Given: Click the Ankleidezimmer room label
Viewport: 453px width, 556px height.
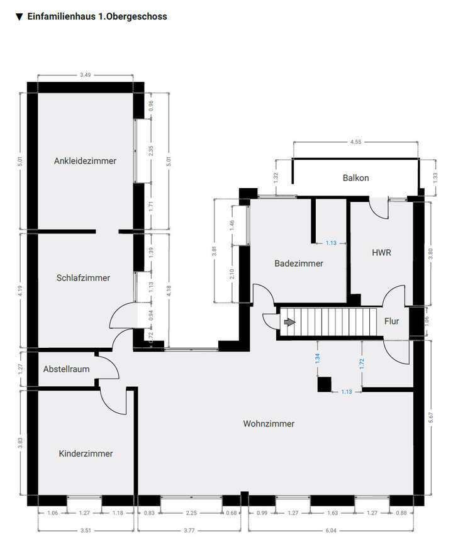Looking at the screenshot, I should [x=85, y=161].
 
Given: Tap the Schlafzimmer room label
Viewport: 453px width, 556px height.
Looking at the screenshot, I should [x=83, y=277].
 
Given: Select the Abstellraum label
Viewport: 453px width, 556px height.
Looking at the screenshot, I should [x=66, y=370].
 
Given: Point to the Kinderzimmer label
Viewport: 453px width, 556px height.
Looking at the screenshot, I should [x=86, y=453].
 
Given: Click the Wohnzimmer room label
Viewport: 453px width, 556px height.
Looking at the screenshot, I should [x=269, y=424].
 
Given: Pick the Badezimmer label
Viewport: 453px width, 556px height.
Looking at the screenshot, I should [x=299, y=264].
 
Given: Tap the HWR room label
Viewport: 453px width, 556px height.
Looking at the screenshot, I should [x=382, y=252].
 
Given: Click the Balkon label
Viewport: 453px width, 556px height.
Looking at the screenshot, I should [x=355, y=178].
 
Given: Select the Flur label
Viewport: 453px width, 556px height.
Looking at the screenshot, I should [x=391, y=321].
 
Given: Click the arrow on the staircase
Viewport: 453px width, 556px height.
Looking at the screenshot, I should [x=289, y=322].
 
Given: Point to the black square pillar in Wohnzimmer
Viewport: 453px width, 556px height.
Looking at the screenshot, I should [x=325, y=384].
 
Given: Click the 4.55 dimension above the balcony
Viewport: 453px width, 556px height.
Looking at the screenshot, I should [x=355, y=142].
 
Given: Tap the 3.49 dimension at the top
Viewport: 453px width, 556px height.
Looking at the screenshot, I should [x=85, y=75].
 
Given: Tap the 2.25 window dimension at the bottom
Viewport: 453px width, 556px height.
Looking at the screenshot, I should [x=191, y=513].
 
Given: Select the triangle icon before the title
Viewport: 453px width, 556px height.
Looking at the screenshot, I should [x=20, y=17].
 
